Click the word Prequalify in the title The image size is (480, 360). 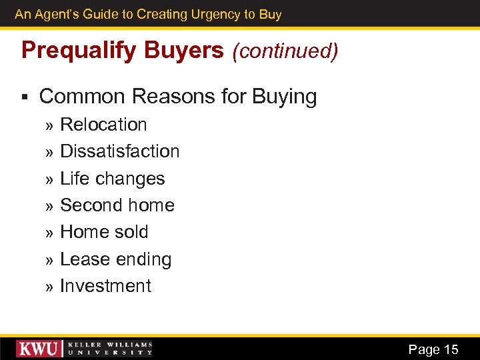click(69, 51)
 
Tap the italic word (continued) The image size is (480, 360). click(285, 51)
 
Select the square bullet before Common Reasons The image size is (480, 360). click(25, 97)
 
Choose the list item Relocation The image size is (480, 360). click(103, 125)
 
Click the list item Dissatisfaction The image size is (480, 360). click(120, 151)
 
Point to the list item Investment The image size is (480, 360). click(105, 286)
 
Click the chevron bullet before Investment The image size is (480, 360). click(49, 287)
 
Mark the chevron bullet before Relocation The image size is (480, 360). click(49, 126)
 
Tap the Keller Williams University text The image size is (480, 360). click(110, 349)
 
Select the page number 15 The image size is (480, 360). click(451, 349)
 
